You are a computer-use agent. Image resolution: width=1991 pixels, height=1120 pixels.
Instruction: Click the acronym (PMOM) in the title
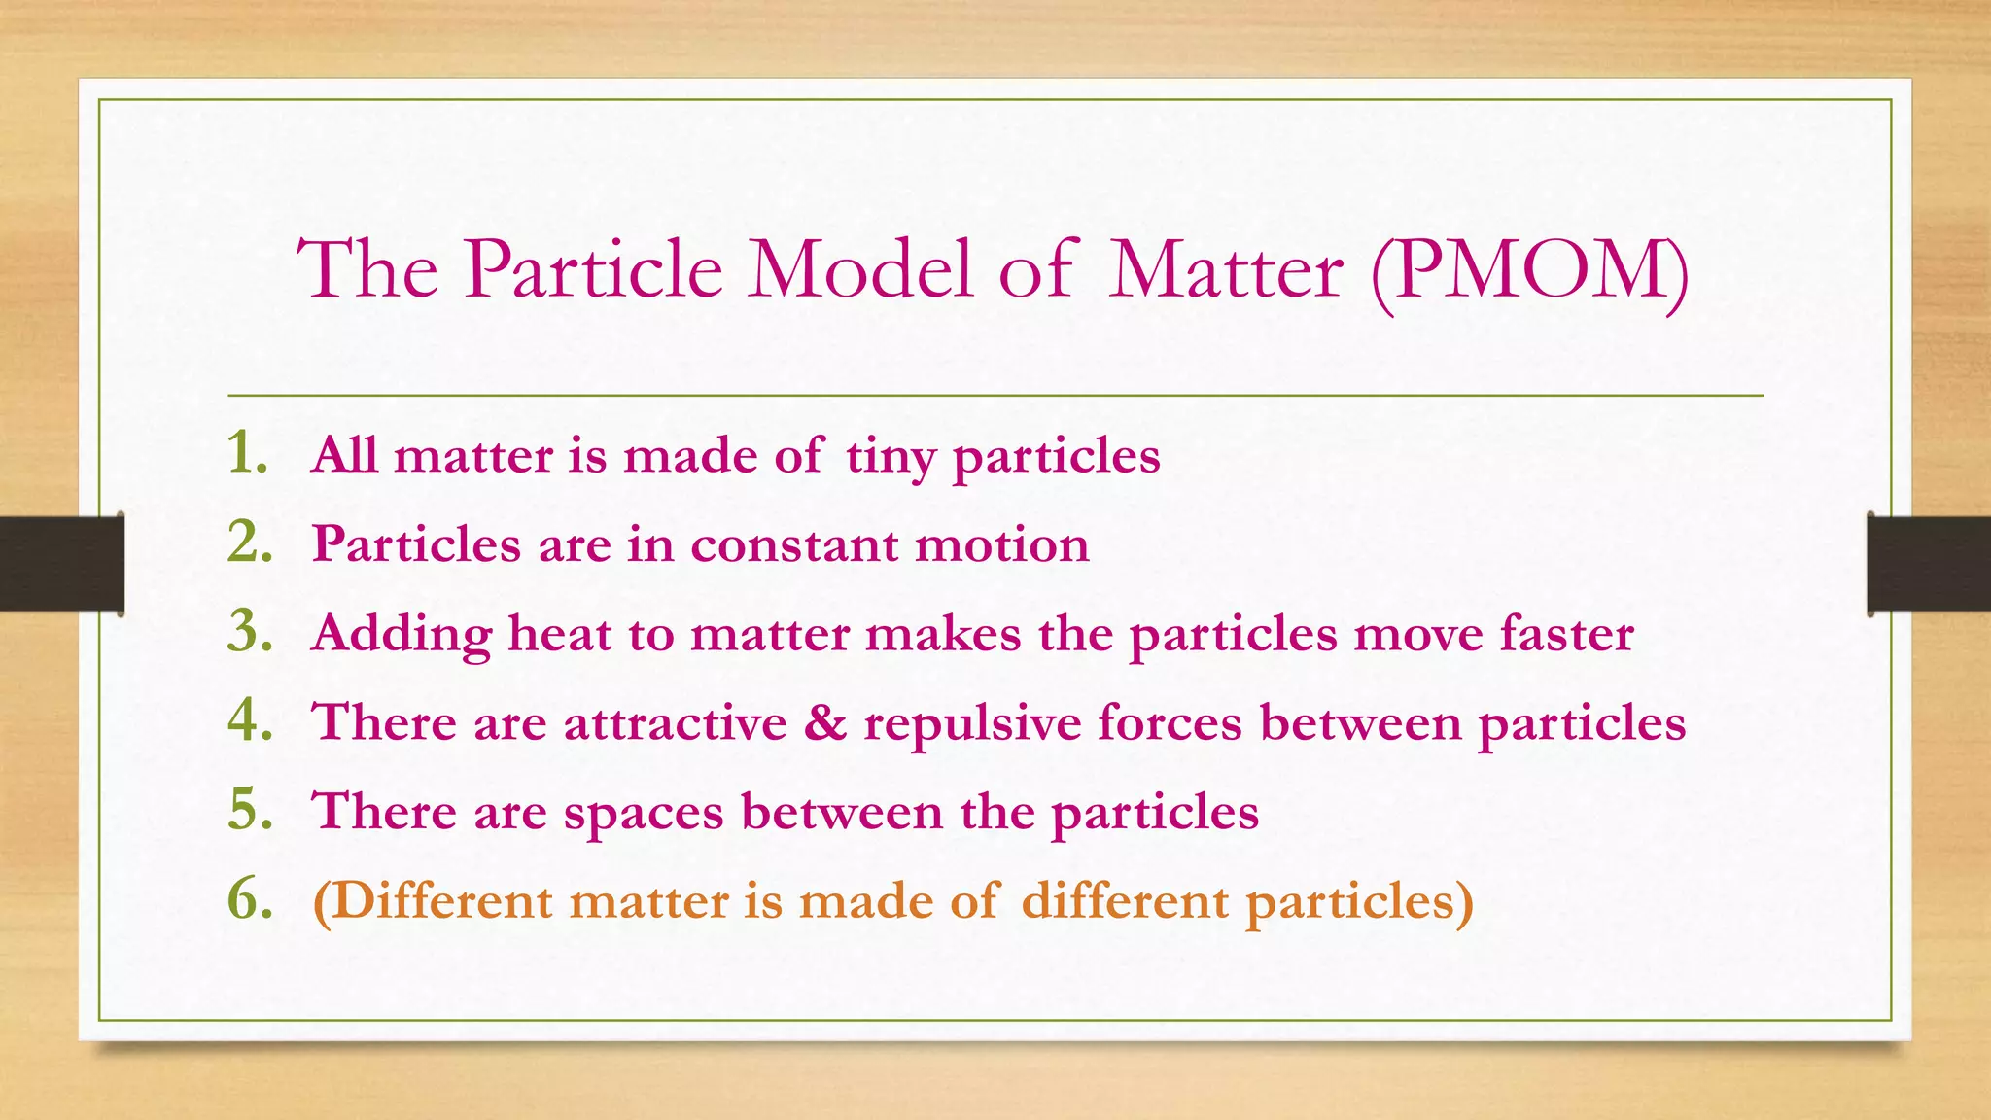click(x=1529, y=271)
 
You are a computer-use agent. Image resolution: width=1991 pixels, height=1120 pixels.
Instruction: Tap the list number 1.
click(x=246, y=453)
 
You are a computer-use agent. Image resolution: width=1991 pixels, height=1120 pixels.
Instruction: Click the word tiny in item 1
click(x=891, y=457)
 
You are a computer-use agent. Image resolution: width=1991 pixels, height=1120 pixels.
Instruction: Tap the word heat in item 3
click(x=559, y=634)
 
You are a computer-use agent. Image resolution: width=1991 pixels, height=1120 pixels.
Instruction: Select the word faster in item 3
click(x=1566, y=634)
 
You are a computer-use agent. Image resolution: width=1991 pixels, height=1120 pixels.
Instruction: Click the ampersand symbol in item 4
click(x=825, y=722)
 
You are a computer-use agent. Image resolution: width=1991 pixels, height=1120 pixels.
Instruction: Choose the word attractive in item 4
click(x=675, y=723)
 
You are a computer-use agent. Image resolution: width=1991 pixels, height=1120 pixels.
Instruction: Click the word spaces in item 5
click(x=644, y=814)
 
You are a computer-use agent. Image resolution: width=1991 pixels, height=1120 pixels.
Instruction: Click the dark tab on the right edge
click(x=1929, y=564)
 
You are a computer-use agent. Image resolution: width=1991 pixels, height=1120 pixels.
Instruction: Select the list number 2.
click(x=249, y=542)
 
